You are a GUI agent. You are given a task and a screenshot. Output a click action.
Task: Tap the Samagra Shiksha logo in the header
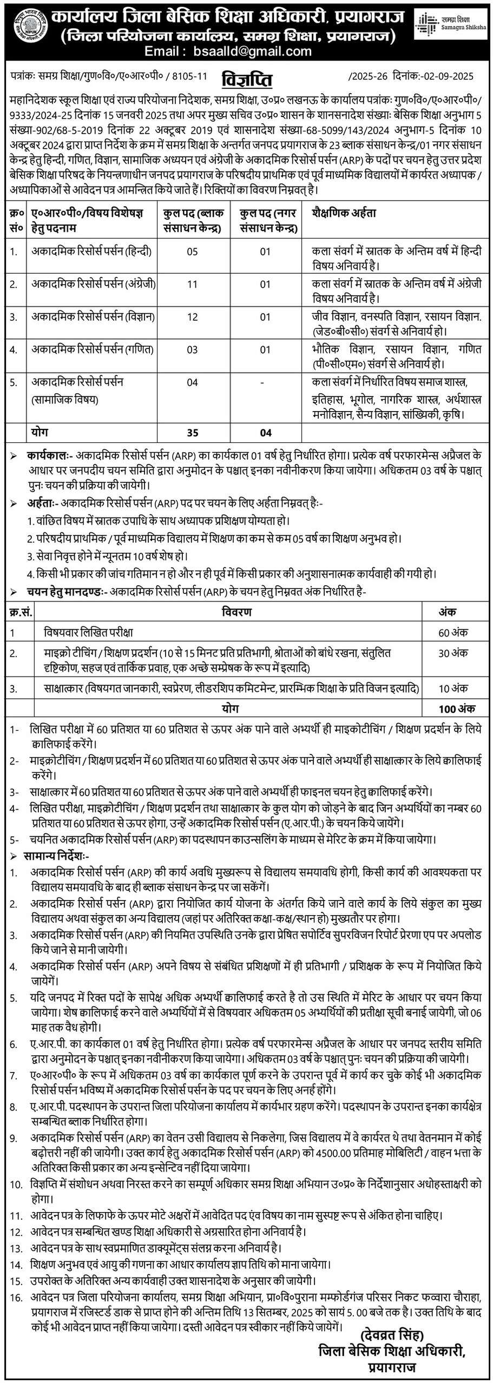(451, 24)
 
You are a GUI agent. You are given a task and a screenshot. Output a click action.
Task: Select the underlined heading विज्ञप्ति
(247, 80)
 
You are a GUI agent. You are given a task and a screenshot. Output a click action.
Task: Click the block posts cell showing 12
(192, 317)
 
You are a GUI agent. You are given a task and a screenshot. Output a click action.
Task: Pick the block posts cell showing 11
(192, 284)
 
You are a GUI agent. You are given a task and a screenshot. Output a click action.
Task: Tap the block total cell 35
(192, 432)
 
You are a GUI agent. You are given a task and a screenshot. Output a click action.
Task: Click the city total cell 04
(265, 432)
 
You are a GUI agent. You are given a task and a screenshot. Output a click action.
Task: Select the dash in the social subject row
(263, 382)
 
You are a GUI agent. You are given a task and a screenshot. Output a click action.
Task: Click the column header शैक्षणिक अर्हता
(344, 213)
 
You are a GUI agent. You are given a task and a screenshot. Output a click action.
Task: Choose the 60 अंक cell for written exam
(453, 632)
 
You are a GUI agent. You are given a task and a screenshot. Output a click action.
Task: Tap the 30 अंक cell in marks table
(453, 653)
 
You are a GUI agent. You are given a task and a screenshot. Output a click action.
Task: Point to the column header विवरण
(236, 612)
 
